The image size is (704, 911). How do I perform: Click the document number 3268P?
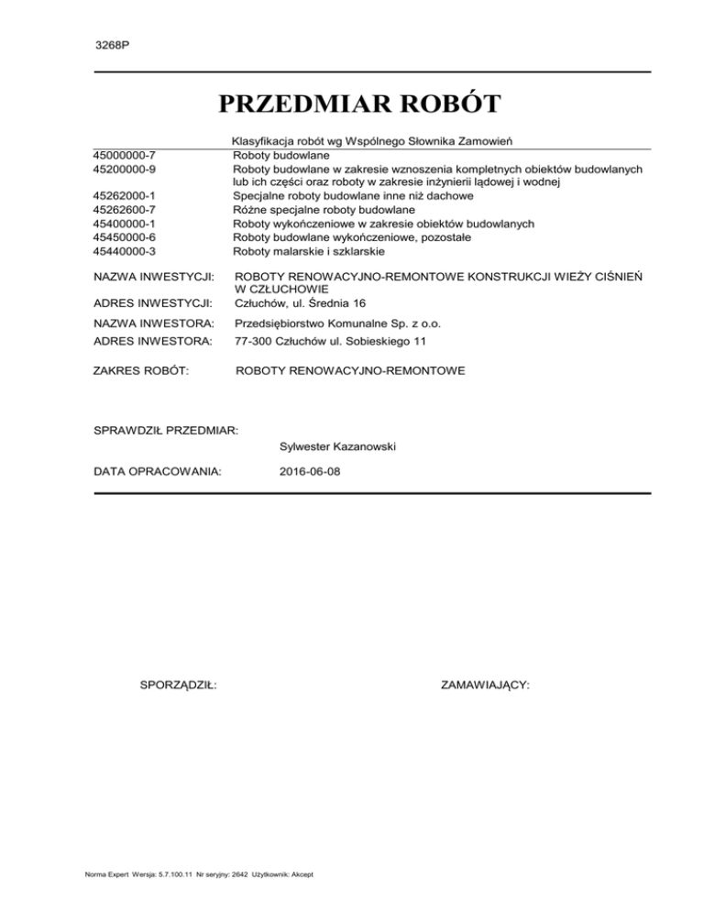pos(112,44)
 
